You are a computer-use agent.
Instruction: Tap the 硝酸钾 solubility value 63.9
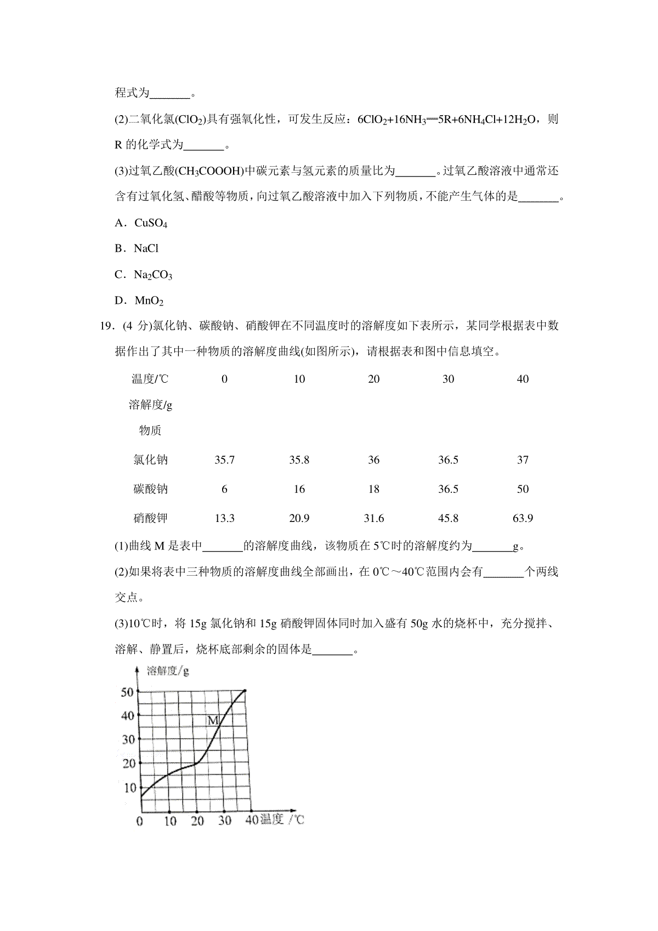pyautogui.click(x=523, y=519)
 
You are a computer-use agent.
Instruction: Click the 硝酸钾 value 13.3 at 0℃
pyautogui.click(x=224, y=519)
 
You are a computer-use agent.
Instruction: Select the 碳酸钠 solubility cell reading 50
pyautogui.click(x=523, y=489)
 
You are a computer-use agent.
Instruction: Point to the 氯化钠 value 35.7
pyautogui.click(x=224, y=460)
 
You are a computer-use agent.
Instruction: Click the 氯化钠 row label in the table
pyautogui.click(x=150, y=460)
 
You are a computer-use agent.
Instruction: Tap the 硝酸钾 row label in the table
pyautogui.click(x=150, y=519)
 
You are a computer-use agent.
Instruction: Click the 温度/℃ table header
pyautogui.click(x=150, y=379)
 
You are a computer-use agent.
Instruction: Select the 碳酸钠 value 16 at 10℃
pyautogui.click(x=299, y=489)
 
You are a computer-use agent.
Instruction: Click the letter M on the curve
pyautogui.click(x=214, y=720)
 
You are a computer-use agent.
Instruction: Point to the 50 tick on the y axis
pyautogui.click(x=128, y=692)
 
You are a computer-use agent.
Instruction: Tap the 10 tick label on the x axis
pyautogui.click(x=170, y=821)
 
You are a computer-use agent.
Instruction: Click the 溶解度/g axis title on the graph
pyautogui.click(x=168, y=671)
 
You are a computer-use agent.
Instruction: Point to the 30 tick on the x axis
pyautogui.click(x=225, y=821)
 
